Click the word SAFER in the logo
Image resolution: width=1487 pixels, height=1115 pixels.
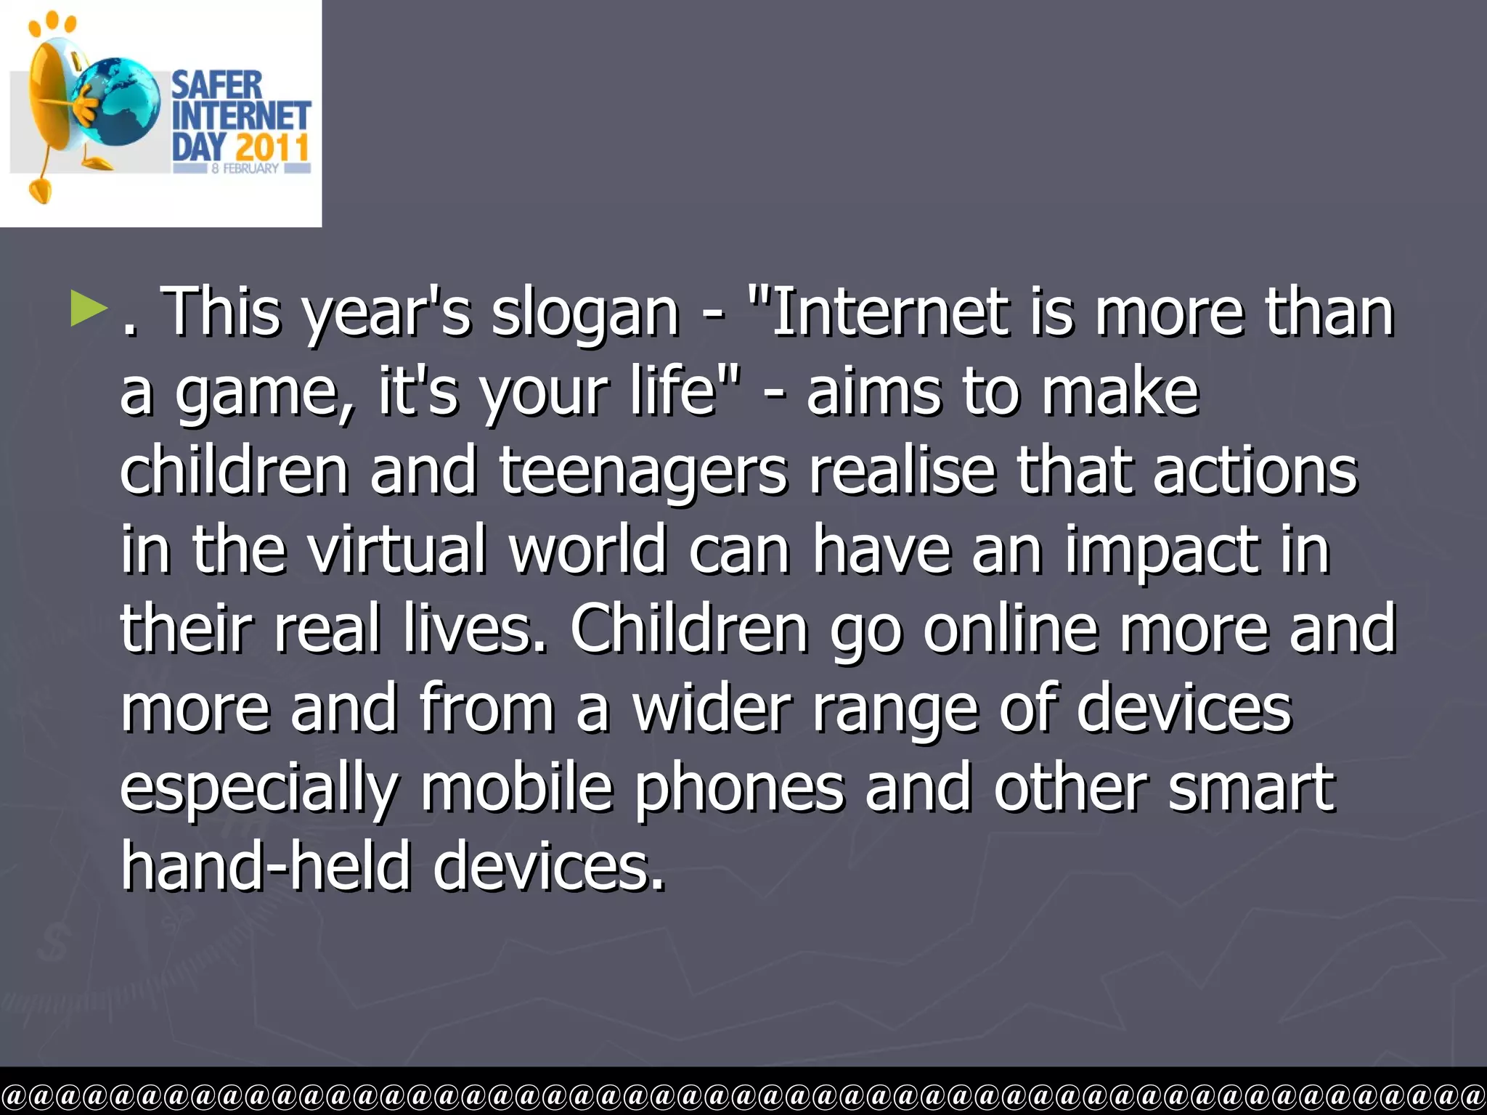[x=216, y=86]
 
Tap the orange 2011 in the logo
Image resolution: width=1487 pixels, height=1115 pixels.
[x=272, y=147]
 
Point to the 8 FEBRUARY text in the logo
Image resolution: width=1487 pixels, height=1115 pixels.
[x=245, y=168]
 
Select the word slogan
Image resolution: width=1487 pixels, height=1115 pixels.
[x=584, y=314]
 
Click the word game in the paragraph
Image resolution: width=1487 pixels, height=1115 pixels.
[x=266, y=393]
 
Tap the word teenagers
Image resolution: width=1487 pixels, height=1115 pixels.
[x=643, y=472]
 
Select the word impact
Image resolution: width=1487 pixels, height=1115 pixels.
[x=1162, y=552]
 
